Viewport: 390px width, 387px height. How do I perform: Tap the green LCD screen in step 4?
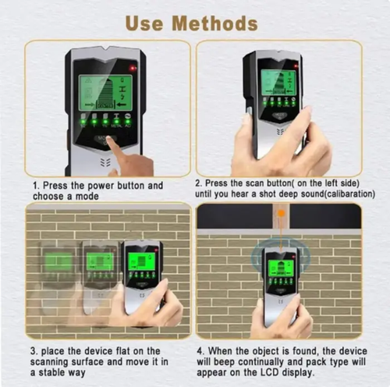click(x=280, y=267)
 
